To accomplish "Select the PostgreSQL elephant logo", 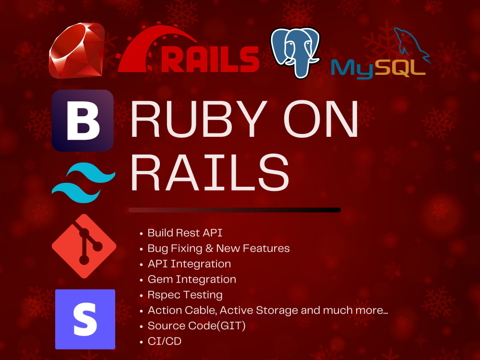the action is coord(295,52).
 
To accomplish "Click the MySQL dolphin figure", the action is coord(412,44).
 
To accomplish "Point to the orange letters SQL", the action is coord(400,68).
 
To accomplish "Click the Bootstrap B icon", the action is coord(83,120).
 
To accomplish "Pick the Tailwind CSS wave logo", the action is coord(84,183).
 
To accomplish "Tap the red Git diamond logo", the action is coord(84,246).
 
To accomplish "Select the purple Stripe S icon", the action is coord(85,319).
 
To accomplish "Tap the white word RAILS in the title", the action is coord(210,172).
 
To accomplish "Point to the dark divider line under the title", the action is coord(235,210).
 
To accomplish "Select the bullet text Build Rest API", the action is coord(185,233).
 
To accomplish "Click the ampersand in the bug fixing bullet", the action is coord(209,248).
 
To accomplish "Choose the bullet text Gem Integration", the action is coord(192,279).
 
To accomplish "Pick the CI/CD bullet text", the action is coord(164,341).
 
